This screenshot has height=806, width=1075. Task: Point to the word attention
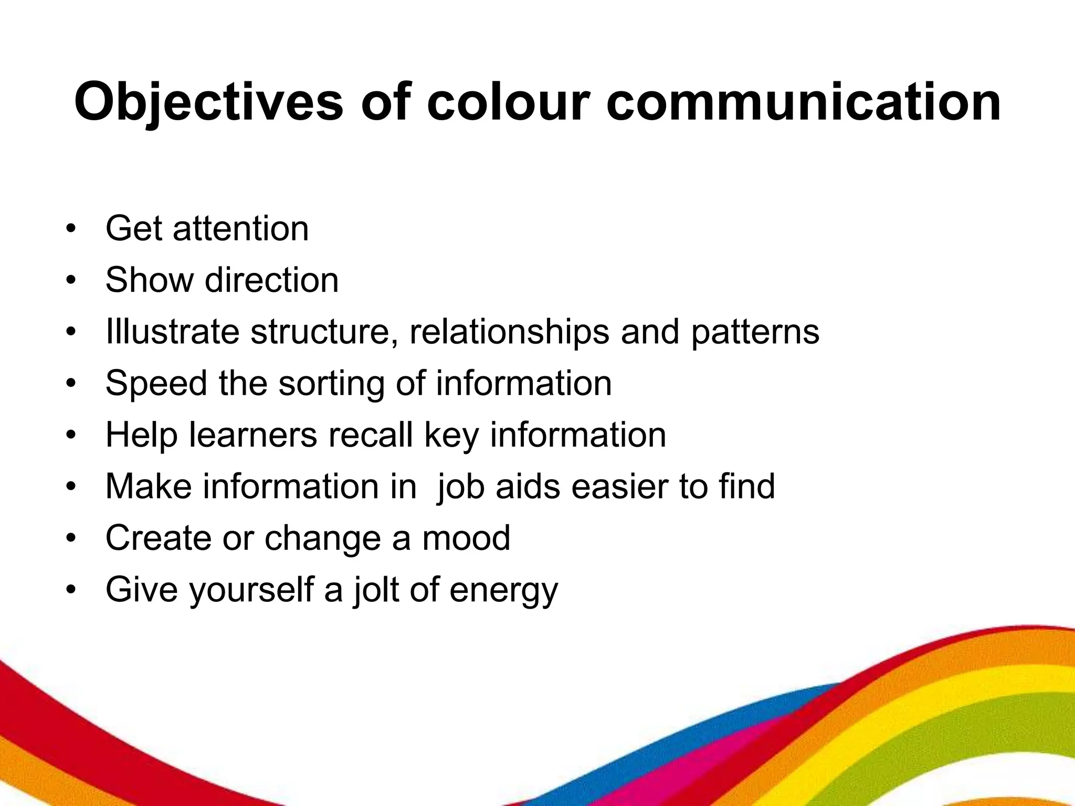[241, 229]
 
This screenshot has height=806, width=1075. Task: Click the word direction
[272, 280]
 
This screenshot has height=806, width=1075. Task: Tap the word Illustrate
[172, 332]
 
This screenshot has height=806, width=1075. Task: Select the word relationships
[509, 332]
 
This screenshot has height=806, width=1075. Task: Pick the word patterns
[755, 332]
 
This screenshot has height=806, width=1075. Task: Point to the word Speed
[156, 384]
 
